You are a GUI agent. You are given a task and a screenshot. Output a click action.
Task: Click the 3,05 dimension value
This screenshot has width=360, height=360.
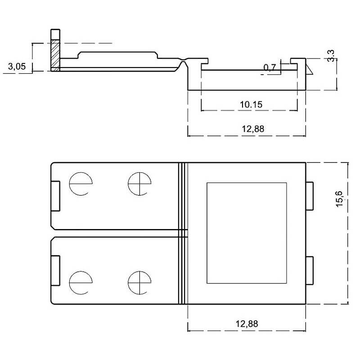pyautogui.click(x=17, y=67)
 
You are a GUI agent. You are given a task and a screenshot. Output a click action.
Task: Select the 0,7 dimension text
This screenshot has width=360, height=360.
pyautogui.click(x=270, y=67)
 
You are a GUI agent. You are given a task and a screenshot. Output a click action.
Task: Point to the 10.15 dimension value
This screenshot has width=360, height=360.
pyautogui.click(x=251, y=104)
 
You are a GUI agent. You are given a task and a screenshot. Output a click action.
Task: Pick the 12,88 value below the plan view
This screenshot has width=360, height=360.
pyautogui.click(x=247, y=324)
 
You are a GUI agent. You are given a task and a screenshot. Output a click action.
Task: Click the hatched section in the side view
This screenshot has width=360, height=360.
pyautogui.click(x=55, y=56)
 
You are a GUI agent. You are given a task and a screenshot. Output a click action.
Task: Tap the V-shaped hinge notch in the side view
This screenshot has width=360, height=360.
pyautogui.click(x=183, y=65)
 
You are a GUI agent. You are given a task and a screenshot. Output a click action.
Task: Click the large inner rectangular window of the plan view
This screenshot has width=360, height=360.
pyautogui.click(x=247, y=233)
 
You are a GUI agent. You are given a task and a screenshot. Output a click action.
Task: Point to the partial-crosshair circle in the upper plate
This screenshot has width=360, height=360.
pyautogui.click(x=80, y=184)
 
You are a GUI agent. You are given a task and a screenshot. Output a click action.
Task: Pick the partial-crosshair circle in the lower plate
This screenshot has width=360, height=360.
pyautogui.click(x=80, y=282)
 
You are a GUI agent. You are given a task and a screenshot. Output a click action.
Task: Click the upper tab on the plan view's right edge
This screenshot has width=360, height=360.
pyautogui.click(x=310, y=196)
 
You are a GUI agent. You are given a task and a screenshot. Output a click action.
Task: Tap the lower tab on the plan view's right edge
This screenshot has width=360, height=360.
pyautogui.click(x=310, y=271)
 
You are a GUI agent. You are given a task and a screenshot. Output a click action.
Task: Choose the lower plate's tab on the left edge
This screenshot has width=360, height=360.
pyautogui.click(x=55, y=270)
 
